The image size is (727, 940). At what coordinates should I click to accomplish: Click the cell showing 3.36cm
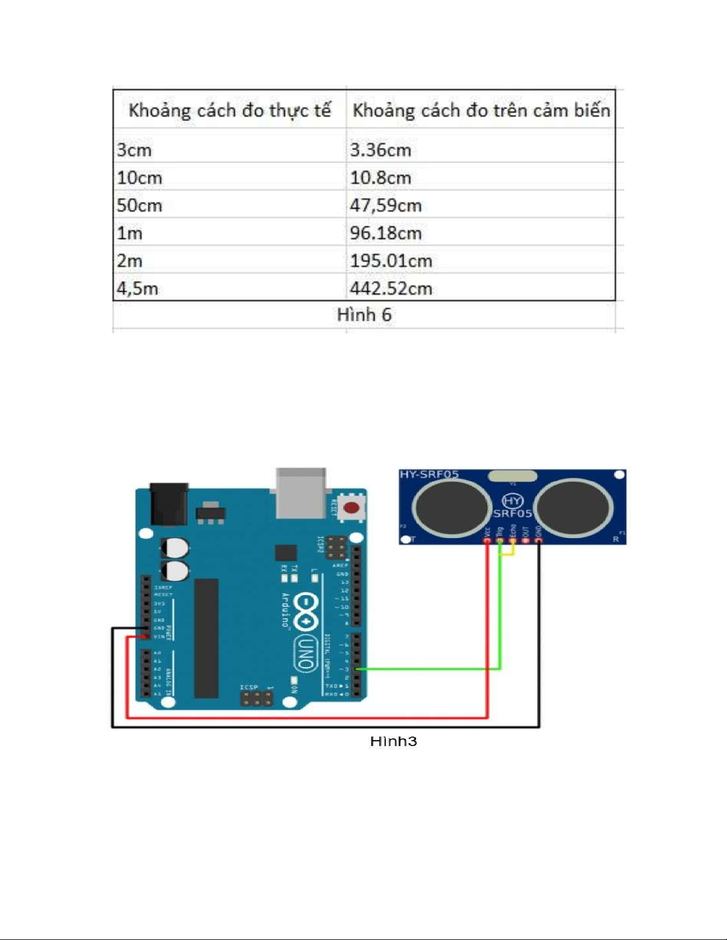tap(380, 149)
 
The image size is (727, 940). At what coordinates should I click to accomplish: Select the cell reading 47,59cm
tap(386, 205)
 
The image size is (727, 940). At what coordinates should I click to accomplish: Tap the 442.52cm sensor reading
tap(391, 289)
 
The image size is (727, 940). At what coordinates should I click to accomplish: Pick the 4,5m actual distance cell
tap(138, 289)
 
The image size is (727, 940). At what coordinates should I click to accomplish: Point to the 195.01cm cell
tap(391, 261)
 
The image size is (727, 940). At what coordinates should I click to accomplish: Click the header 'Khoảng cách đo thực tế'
tap(230, 110)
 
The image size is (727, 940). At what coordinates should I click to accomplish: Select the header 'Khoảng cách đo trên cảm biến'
tap(481, 110)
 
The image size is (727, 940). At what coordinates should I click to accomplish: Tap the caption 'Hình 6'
tap(364, 315)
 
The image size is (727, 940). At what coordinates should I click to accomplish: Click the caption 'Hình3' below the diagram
tap(393, 741)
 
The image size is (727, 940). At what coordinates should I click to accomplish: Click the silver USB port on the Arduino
tap(301, 492)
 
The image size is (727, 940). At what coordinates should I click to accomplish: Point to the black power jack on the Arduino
tap(169, 504)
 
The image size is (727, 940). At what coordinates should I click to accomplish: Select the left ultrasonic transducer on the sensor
tap(452, 506)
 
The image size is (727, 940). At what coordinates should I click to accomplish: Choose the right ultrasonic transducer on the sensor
tap(575, 506)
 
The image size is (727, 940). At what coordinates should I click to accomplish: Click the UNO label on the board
tap(306, 653)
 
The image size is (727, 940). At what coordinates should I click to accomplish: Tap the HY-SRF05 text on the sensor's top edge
tap(429, 474)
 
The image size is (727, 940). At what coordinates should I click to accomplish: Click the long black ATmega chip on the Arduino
tap(206, 638)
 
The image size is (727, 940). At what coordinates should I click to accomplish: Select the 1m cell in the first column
tap(130, 233)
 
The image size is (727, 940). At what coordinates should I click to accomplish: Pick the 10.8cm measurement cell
tap(380, 177)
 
